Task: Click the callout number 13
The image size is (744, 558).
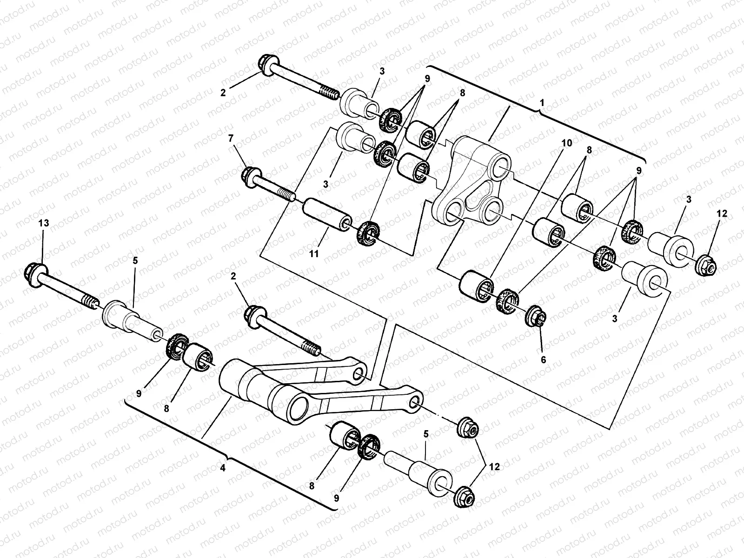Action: coord(43,224)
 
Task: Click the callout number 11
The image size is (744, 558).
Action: coord(314,253)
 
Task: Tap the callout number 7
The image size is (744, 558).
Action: coord(231,138)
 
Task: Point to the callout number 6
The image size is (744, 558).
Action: coord(543,359)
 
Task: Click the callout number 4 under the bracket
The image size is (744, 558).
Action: coord(223,468)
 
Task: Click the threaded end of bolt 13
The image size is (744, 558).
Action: coord(91,302)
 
